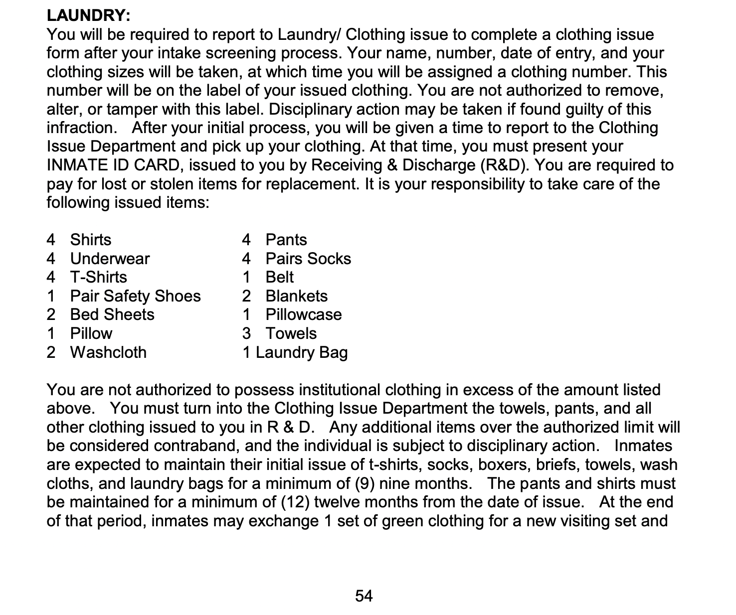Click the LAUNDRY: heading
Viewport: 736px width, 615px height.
tap(88, 15)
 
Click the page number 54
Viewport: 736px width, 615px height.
tap(364, 596)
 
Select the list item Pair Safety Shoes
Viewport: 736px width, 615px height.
tap(135, 296)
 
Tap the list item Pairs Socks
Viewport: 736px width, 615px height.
tap(308, 259)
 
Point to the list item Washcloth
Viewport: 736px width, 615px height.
tap(108, 352)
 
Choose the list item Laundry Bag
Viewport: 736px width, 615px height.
tap(301, 352)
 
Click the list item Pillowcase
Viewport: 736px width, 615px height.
tap(303, 314)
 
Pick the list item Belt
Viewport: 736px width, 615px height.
tap(279, 277)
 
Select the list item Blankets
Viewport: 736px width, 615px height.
tap(296, 296)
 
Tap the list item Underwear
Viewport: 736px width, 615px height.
tap(110, 259)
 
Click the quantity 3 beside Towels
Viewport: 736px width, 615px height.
tap(246, 333)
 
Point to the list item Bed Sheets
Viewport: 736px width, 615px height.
tap(112, 314)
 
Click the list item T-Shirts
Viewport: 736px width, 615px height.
tap(98, 277)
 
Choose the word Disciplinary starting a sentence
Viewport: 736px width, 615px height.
tap(309, 109)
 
